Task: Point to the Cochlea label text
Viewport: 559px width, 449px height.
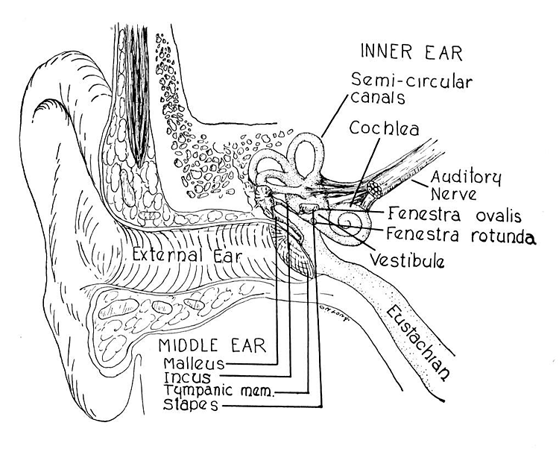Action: point(385,129)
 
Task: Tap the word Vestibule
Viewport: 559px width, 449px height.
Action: point(408,261)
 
